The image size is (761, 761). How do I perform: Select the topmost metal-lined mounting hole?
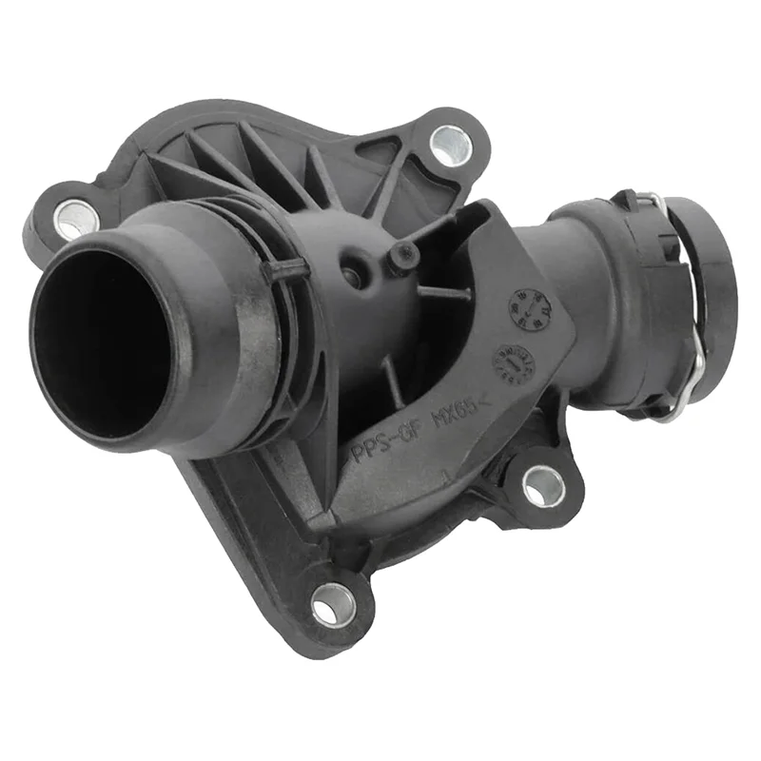point(452,145)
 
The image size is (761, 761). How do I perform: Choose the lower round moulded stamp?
point(513,362)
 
